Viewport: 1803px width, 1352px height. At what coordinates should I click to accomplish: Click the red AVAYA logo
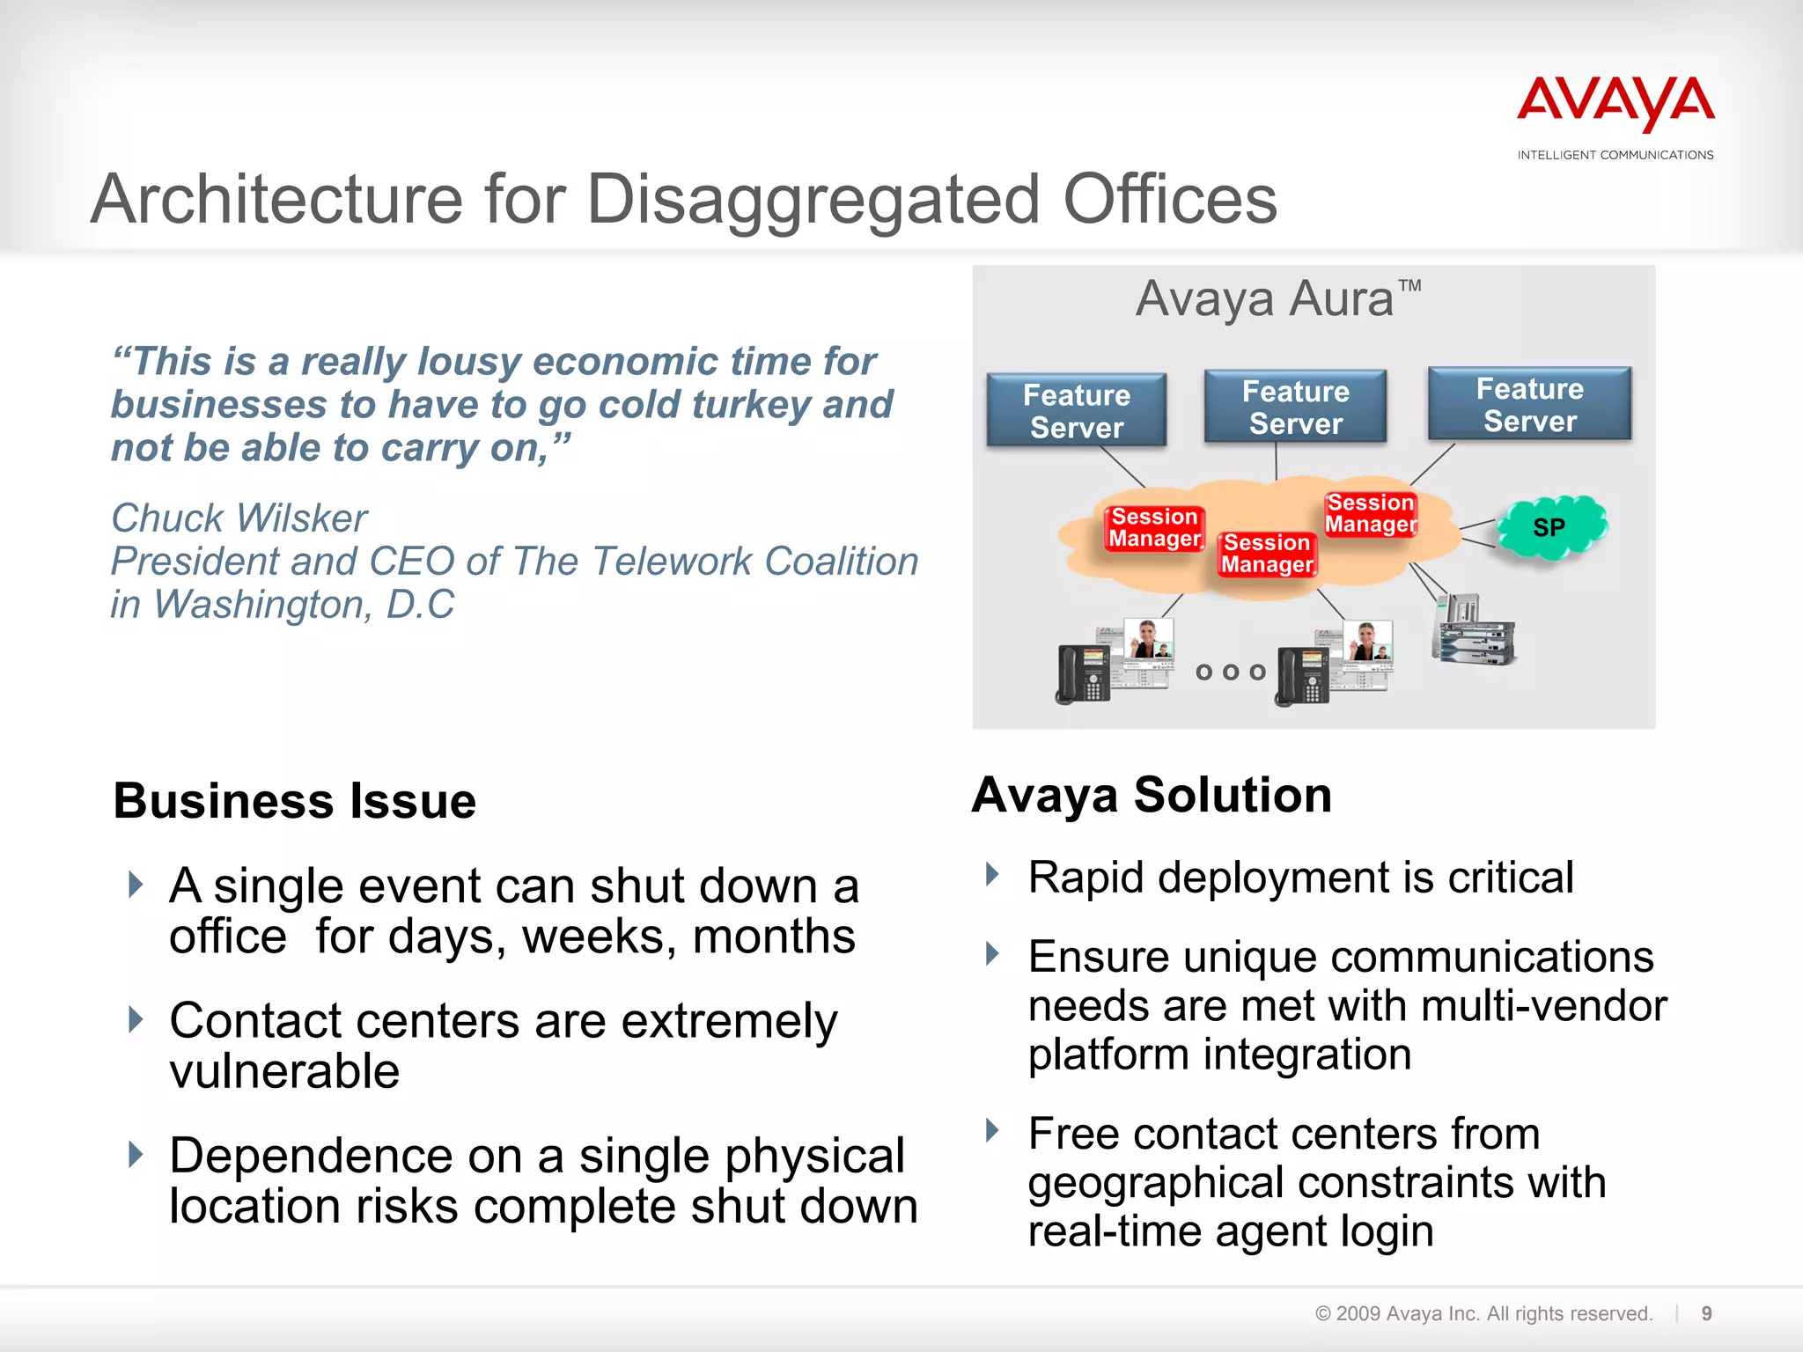[x=1615, y=105]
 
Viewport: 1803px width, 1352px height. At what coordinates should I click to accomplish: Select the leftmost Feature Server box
[x=1077, y=410]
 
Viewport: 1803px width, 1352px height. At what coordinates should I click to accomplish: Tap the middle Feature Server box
[x=1295, y=407]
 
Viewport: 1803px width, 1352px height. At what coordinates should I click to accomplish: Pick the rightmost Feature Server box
[x=1529, y=404]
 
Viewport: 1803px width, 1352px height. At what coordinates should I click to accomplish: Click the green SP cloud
[x=1551, y=527]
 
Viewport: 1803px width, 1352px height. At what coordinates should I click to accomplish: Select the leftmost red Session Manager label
[x=1154, y=527]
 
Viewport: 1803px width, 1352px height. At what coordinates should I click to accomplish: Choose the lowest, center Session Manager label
[x=1267, y=554]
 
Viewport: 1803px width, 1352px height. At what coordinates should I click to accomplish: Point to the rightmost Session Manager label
[x=1371, y=513]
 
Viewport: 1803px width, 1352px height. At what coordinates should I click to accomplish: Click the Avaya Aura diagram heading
[x=1277, y=299]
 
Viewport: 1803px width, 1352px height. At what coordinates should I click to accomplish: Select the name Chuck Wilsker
[x=239, y=518]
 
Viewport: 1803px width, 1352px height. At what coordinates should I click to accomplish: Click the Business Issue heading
[x=295, y=801]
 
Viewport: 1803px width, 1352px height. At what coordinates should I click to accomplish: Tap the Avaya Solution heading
[x=1152, y=796]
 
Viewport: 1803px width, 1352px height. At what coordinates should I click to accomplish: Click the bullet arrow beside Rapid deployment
[x=992, y=875]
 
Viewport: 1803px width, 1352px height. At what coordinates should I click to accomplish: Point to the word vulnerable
[x=284, y=1072]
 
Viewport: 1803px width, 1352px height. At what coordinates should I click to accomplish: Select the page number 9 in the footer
[x=1706, y=1313]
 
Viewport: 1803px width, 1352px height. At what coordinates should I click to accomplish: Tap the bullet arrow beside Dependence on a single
[x=135, y=1154]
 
